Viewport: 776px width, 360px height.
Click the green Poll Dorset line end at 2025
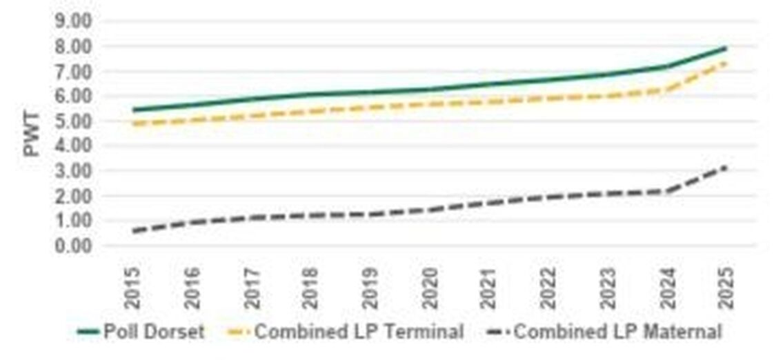726,48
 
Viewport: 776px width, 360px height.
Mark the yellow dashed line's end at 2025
726,63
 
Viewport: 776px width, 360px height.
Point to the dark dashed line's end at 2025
726,166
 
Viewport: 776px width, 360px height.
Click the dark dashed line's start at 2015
134,230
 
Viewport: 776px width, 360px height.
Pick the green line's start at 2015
134,110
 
